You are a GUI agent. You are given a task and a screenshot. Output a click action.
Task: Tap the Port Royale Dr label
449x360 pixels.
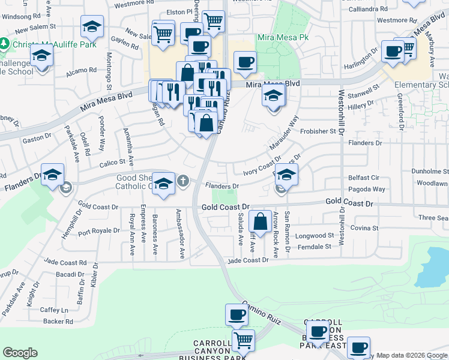pyautogui.click(x=99, y=230)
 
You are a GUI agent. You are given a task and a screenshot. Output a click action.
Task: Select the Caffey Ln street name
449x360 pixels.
pyautogui.click(x=55, y=310)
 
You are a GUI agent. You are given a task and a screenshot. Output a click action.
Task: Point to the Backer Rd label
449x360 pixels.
pyautogui.click(x=58, y=322)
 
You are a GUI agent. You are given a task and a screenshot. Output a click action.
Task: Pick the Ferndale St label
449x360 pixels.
pyautogui.click(x=315, y=247)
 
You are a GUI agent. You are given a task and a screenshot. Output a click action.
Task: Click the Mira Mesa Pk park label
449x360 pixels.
pyautogui.click(x=283, y=37)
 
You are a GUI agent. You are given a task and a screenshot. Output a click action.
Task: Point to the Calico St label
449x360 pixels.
pyautogui.click(x=112, y=162)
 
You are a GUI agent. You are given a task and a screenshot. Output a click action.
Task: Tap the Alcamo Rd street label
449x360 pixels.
pyautogui.click(x=81, y=70)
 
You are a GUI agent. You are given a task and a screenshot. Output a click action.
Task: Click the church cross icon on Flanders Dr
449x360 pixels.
pyautogui.click(x=183, y=180)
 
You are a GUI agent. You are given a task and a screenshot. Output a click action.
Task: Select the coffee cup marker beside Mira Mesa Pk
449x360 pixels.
pyautogui.click(x=244, y=62)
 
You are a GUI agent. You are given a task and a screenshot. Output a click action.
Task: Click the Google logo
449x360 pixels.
pyautogui.click(x=20, y=353)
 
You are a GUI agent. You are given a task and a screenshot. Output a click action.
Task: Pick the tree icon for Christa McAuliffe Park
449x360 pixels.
pyautogui.click(x=4, y=44)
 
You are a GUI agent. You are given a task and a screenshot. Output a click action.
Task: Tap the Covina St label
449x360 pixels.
pyautogui.click(x=365, y=228)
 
